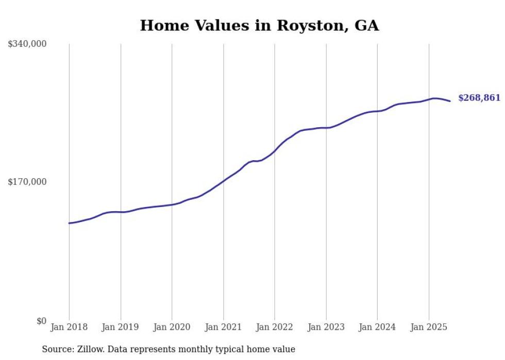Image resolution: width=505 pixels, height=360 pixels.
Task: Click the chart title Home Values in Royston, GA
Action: click(x=259, y=25)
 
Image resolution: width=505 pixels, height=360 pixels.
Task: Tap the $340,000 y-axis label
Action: click(x=27, y=44)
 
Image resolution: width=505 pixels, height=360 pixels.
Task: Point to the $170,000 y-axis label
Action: click(x=27, y=182)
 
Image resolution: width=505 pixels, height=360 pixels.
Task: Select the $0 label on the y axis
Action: click(x=41, y=321)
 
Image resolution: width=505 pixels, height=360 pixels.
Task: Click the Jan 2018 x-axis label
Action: click(x=69, y=327)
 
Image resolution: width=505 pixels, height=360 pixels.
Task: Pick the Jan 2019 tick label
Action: click(x=121, y=327)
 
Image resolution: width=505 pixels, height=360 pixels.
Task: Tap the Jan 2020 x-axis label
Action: click(x=172, y=327)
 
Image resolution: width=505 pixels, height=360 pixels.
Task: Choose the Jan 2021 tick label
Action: click(x=223, y=327)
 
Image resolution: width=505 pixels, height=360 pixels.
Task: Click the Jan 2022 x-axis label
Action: click(x=275, y=327)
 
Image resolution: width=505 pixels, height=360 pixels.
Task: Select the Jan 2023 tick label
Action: click(x=326, y=327)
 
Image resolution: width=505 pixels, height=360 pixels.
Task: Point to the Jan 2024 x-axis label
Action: click(x=377, y=327)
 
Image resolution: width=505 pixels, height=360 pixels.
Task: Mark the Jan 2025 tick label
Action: click(x=429, y=327)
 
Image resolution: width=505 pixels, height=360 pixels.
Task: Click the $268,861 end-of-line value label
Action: click(x=479, y=98)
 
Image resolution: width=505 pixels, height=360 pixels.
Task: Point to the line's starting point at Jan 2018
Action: click(x=69, y=223)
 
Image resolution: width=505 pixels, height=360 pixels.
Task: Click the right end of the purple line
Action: click(x=450, y=101)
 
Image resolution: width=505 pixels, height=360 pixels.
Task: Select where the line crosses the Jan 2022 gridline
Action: click(x=275, y=151)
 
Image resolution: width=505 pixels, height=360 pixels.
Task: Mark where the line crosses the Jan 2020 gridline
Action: click(x=172, y=204)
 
